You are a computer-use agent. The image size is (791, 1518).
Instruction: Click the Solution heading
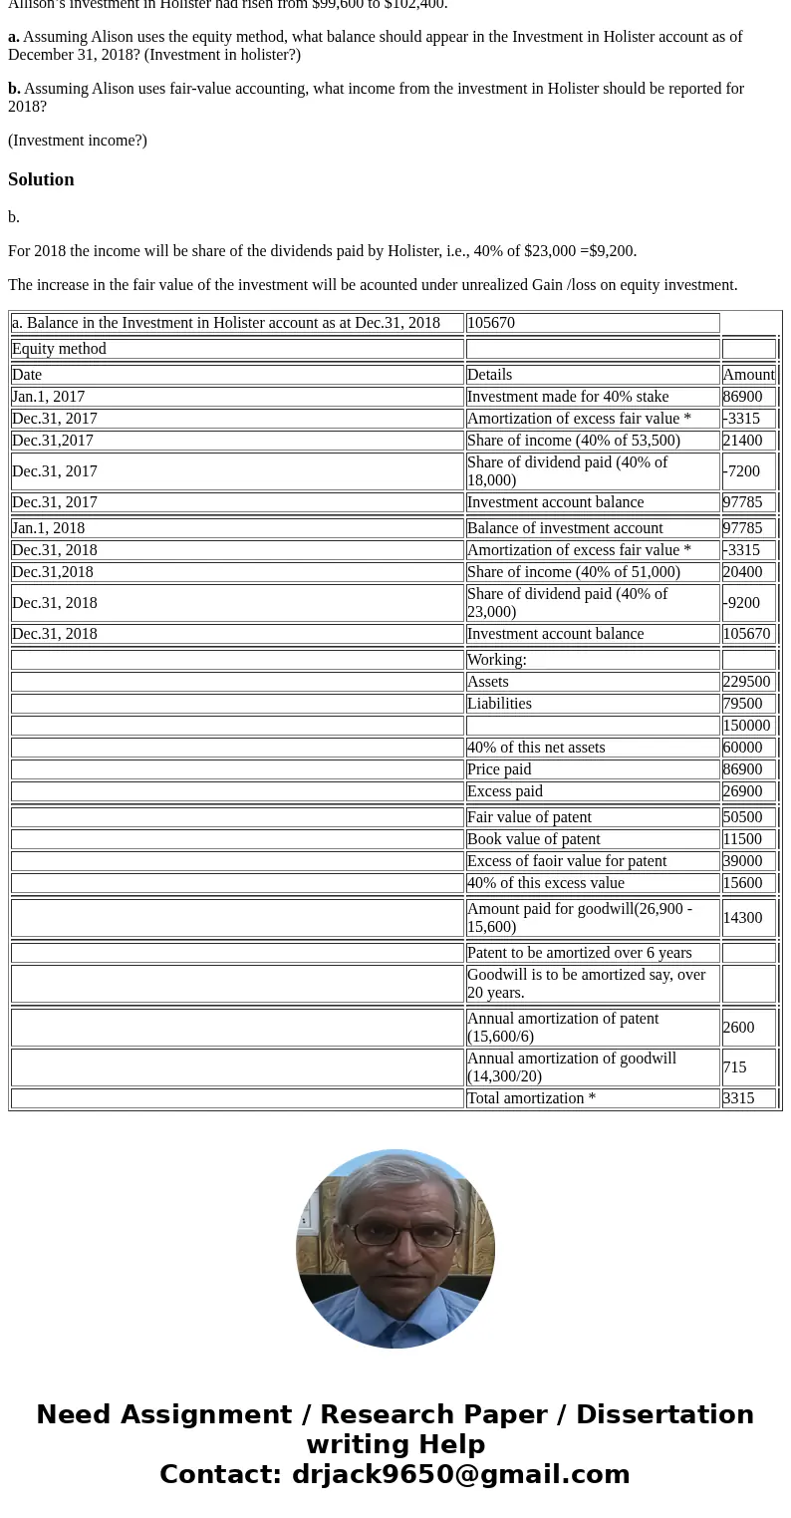(41, 179)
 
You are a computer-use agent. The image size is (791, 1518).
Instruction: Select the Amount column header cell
(748, 375)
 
